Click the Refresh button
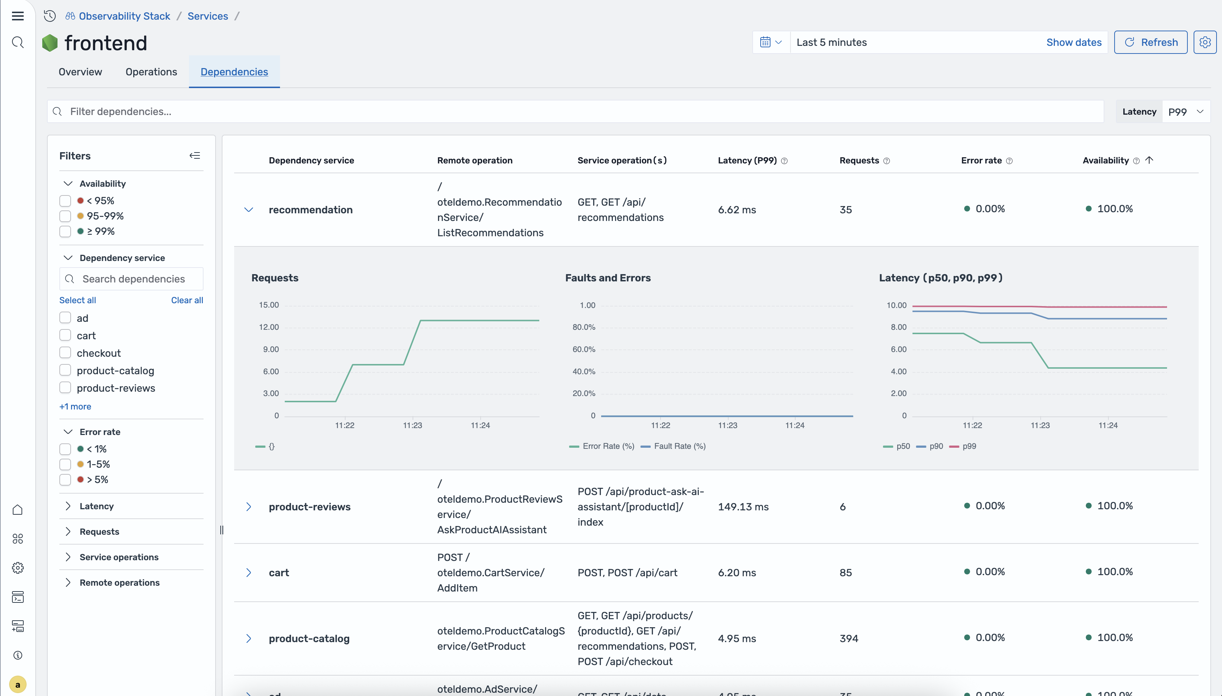(1150, 42)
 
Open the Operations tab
(151, 72)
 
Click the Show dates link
(1073, 42)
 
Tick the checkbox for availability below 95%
(65, 201)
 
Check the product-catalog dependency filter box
(65, 371)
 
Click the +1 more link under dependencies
(75, 406)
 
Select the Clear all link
(187, 300)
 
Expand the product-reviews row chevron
(249, 507)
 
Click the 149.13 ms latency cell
(743, 507)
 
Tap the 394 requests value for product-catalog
(849, 638)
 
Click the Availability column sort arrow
(1149, 160)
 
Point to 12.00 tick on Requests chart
(269, 327)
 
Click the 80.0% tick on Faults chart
(584, 327)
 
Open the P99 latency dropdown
(1186, 111)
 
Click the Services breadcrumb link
(208, 16)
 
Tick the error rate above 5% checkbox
(65, 479)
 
